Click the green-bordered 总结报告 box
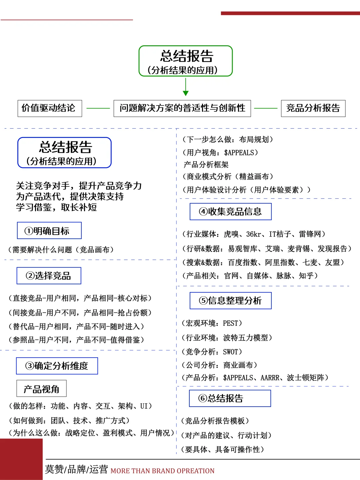coord(185,61)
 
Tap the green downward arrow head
coord(186,93)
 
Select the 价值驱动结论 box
coord(50,108)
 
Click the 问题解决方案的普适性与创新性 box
coord(182,108)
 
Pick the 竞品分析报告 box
coord(313,108)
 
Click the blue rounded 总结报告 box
coord(64,153)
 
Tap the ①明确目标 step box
coord(49,231)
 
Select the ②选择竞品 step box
coord(49,276)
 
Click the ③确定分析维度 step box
coord(57,366)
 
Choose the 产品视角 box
coord(41,389)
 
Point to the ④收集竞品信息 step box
coord(231,212)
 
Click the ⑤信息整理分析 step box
coord(231,301)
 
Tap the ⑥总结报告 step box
coord(230,398)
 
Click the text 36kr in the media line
coord(254,234)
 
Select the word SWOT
coord(230,352)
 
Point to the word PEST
coord(230,323)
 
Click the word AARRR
coord(270,378)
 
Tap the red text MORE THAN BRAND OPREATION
coord(162,471)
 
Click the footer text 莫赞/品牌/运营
coord(76,469)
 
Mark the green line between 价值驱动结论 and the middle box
coord(98,108)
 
